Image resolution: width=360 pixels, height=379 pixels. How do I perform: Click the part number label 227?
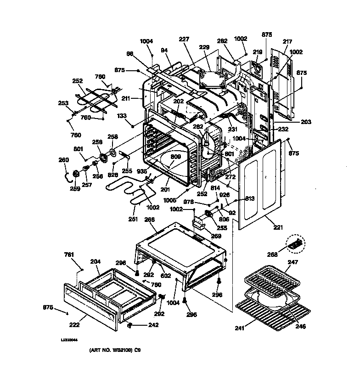(184, 40)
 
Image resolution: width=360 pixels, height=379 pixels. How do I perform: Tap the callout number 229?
(204, 47)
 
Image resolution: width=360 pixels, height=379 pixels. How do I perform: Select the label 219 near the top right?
(257, 53)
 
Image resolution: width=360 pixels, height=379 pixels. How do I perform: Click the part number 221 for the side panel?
(278, 227)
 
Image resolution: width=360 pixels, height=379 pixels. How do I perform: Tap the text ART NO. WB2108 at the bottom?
(110, 350)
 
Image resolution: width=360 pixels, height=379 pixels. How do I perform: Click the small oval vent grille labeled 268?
(295, 244)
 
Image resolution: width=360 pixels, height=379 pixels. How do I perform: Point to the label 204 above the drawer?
(95, 262)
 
